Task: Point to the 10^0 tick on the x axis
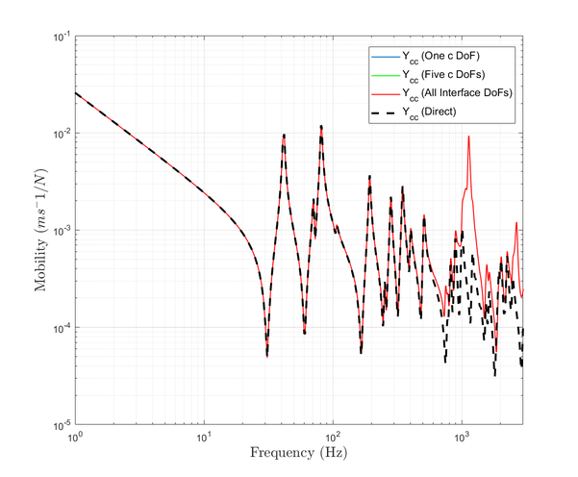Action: click(x=75, y=436)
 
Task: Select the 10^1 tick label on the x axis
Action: click(x=204, y=436)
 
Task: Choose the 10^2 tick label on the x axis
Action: click(x=333, y=436)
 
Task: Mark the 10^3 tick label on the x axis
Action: click(x=462, y=436)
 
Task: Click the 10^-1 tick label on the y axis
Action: click(x=60, y=37)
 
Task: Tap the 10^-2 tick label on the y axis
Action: click(x=60, y=134)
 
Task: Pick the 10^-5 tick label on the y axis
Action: click(x=60, y=424)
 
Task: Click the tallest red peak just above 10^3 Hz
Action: click(x=468, y=137)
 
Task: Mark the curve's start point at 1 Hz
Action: click(x=75, y=92)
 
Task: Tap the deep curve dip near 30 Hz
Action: click(x=266, y=355)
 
